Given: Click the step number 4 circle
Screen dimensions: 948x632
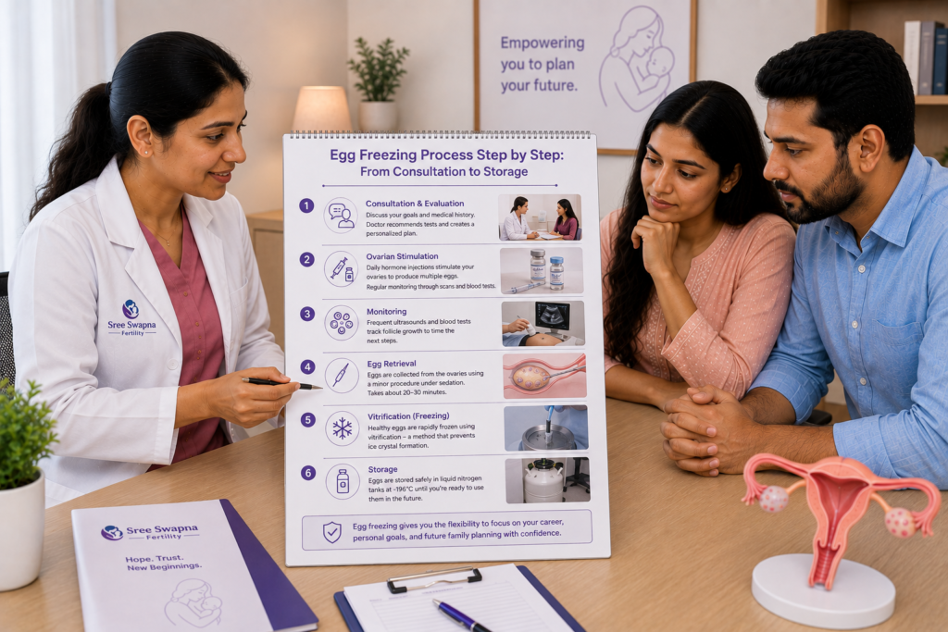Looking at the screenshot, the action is tap(307, 367).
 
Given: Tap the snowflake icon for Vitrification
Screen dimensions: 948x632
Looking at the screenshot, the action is tap(343, 428).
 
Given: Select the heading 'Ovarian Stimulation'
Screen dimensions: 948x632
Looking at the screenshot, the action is tap(402, 256).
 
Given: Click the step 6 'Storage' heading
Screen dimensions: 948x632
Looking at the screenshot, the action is tap(382, 469).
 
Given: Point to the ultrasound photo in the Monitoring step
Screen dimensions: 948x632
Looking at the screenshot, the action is tap(543, 323).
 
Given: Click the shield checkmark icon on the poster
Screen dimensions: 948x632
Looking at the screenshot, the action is tap(332, 532).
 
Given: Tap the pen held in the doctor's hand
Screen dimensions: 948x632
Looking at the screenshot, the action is tap(281, 383).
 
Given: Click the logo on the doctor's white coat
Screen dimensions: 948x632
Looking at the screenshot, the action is tap(131, 317).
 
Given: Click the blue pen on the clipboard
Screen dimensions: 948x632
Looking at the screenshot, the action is tap(461, 615).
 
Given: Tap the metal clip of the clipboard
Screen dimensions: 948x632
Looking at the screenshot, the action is tap(434, 579).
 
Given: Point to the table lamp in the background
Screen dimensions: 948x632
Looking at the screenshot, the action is tap(322, 108).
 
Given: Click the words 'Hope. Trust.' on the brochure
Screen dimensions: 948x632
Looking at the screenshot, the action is tap(155, 558).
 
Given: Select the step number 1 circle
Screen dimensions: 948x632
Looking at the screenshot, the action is tap(306, 206).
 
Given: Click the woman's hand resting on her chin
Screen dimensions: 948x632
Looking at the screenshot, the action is tap(657, 242).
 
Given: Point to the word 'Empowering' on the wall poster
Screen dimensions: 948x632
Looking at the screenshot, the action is tap(543, 43).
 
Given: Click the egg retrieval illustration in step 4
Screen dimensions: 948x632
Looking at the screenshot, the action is tap(544, 377).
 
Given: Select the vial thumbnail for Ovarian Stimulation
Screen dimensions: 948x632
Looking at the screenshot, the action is tap(542, 271).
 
